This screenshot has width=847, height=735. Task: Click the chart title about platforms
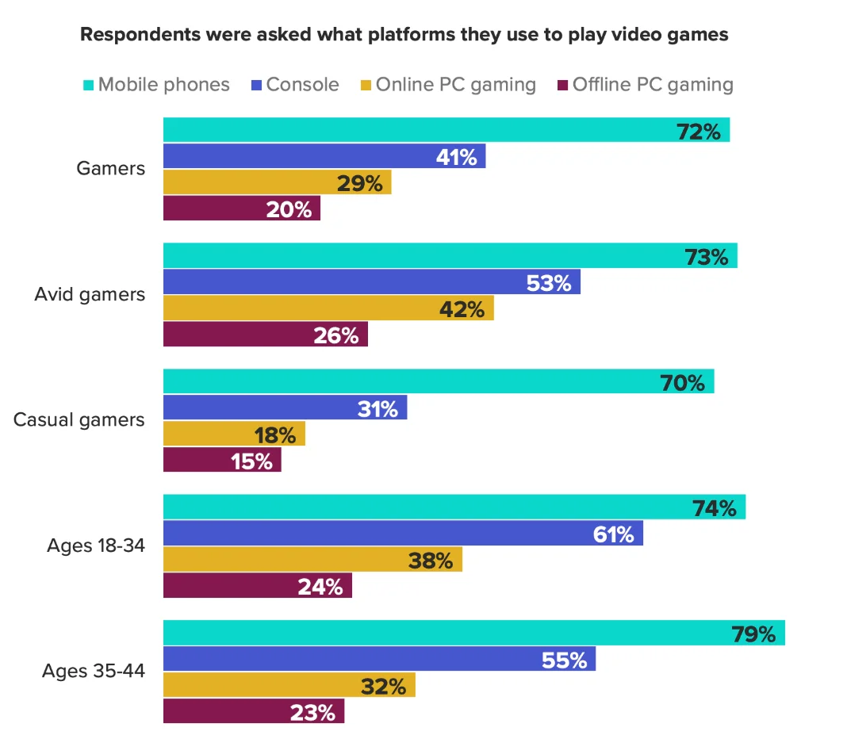[x=404, y=35]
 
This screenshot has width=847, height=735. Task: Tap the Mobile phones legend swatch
[x=88, y=84]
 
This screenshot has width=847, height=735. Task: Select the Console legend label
[x=302, y=84]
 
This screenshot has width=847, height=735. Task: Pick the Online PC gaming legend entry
[x=455, y=84]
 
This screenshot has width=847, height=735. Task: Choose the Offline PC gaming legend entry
[x=652, y=84]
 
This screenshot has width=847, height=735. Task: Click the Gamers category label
[x=111, y=168]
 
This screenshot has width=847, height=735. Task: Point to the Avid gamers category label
[x=90, y=294]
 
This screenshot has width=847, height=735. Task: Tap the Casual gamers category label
[x=79, y=419]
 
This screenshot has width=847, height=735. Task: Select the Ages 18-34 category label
[x=96, y=546]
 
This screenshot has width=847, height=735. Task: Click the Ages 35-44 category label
[x=94, y=671]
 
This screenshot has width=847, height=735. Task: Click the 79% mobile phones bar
[x=473, y=633]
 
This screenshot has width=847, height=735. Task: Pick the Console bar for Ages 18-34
[x=403, y=534]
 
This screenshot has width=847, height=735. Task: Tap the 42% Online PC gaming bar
[x=328, y=308]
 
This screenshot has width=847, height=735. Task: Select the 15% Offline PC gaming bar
[x=222, y=460]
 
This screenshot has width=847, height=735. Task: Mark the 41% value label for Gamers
[x=457, y=157]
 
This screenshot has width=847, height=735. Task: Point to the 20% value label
[x=291, y=209]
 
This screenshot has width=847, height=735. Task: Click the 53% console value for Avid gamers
[x=550, y=282]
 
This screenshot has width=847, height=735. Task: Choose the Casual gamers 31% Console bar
[x=285, y=408]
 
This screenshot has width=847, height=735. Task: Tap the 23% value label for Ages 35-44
[x=313, y=711]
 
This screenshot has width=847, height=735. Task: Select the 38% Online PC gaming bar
[x=312, y=560]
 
